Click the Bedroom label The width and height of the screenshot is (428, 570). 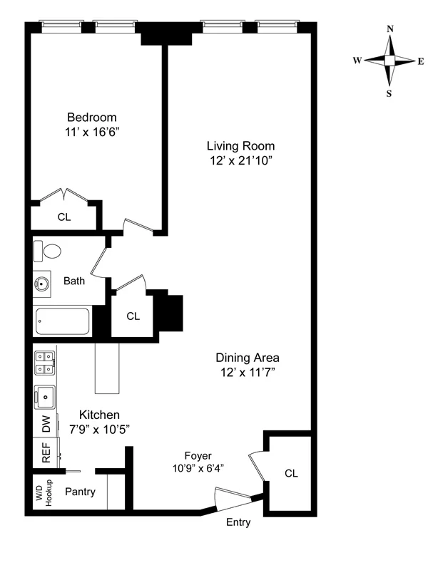pyautogui.click(x=92, y=118)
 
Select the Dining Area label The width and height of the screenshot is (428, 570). pyautogui.click(x=248, y=358)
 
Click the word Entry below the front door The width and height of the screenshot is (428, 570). pyautogui.click(x=238, y=522)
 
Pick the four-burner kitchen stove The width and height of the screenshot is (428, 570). pyautogui.click(x=45, y=363)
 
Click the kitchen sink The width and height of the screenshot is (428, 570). pyautogui.click(x=45, y=395)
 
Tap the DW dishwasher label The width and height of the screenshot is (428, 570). pyautogui.click(x=46, y=426)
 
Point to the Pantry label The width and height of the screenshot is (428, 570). pyautogui.click(x=80, y=492)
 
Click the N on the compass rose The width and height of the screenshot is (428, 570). pyautogui.click(x=389, y=29)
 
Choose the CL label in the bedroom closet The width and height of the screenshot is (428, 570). pyautogui.click(x=64, y=217)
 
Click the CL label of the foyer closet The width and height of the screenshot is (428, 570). pyautogui.click(x=291, y=473)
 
